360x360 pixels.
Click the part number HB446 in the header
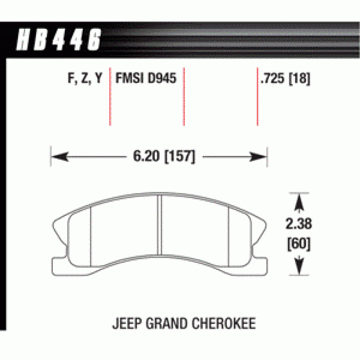(x=58, y=39)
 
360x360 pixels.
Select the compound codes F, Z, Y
(x=85, y=78)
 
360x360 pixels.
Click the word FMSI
(x=129, y=78)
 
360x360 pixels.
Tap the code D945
(x=162, y=78)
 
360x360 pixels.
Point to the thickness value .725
(x=272, y=78)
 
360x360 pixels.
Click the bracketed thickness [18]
(x=299, y=78)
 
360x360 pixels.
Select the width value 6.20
(x=146, y=156)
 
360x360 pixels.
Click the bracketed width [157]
(x=180, y=157)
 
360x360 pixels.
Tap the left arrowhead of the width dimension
(x=60, y=157)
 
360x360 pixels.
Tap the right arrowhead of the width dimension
(x=258, y=157)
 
